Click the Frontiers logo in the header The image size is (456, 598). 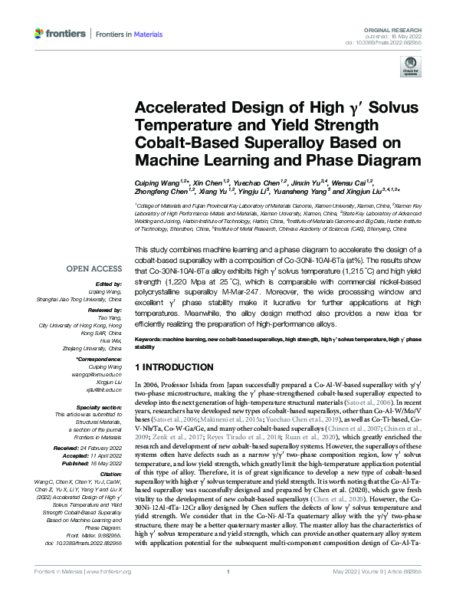coord(58,34)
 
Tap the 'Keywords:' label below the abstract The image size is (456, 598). coord(150,339)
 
